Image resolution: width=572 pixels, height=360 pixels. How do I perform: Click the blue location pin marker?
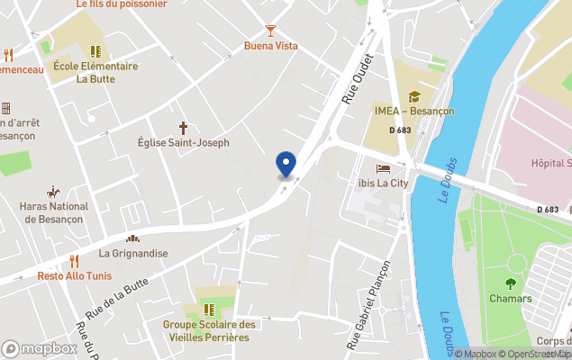[286, 164]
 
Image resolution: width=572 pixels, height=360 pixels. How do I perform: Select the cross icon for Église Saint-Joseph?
[183, 128]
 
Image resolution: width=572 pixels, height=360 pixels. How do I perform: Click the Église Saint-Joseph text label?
[183, 143]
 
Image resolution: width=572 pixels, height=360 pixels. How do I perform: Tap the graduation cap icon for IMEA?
[414, 96]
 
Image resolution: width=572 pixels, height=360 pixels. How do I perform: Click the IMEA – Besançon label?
[414, 112]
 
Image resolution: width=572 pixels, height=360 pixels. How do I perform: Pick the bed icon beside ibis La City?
[384, 168]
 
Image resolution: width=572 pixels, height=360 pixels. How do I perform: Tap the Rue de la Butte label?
[117, 295]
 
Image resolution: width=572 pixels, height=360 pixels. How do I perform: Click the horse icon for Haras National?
[54, 192]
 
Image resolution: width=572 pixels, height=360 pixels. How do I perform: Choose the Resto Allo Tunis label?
[75, 275]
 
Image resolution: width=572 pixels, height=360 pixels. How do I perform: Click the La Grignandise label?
[133, 254]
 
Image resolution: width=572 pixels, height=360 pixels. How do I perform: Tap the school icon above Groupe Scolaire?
[209, 310]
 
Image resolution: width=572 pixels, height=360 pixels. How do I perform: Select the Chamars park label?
[511, 299]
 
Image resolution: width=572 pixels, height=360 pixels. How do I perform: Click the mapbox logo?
[39, 348]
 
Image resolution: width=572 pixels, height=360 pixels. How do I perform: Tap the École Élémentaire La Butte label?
[95, 72]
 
